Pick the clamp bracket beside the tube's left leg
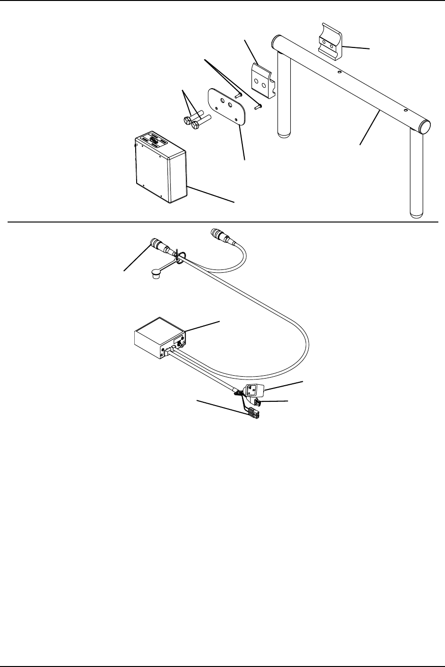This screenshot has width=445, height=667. [261, 81]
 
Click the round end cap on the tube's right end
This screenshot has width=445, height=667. [425, 126]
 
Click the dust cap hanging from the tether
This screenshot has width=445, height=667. [155, 275]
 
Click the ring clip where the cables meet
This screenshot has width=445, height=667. [177, 259]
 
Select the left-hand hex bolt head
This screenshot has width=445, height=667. [187, 120]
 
